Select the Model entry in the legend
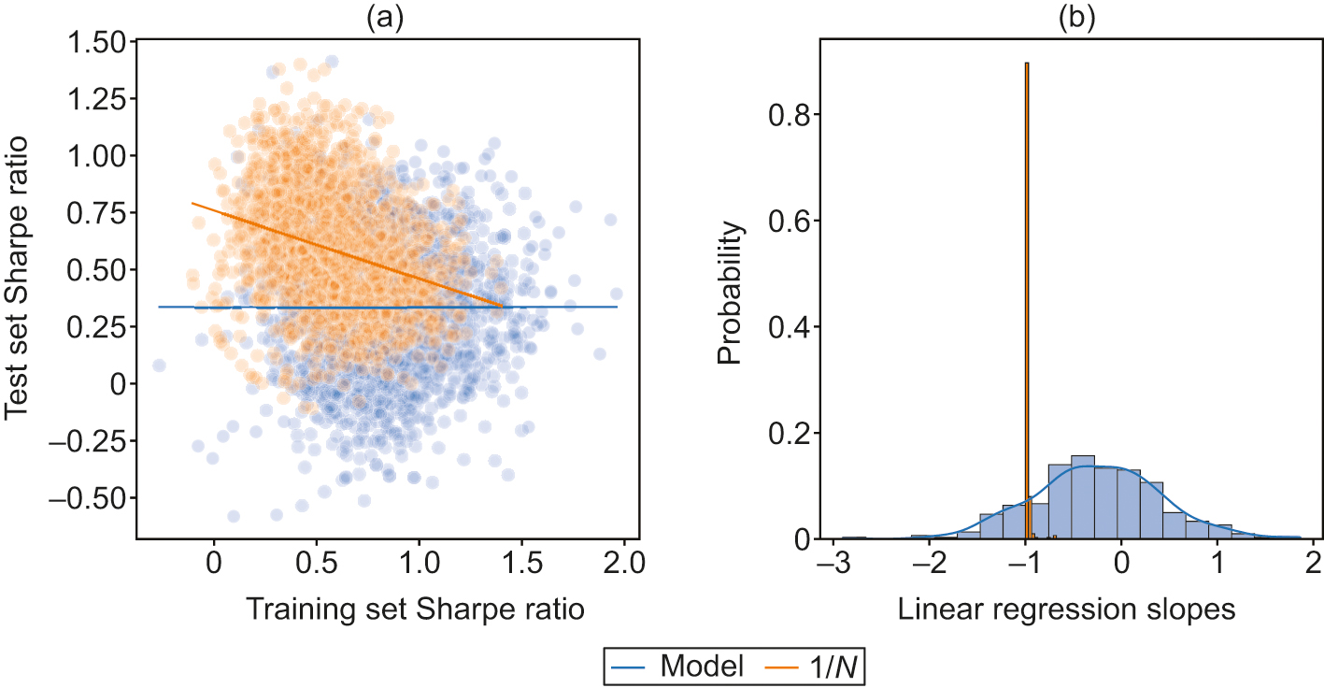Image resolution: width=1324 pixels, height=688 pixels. tap(676, 666)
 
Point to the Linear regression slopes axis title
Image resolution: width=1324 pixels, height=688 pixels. tap(1067, 609)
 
